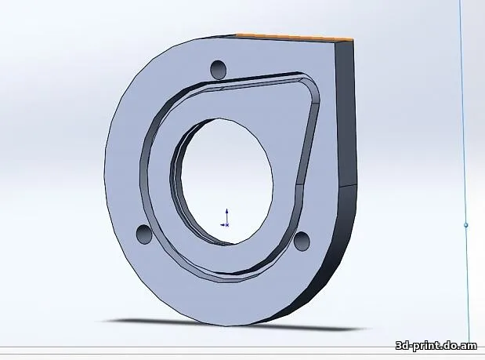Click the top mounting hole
pos(219,70)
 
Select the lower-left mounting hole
pos(143,234)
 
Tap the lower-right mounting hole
pos(302,240)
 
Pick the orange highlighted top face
pos(294,37)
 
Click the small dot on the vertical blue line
pos(466,225)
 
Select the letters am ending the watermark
pos(469,346)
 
